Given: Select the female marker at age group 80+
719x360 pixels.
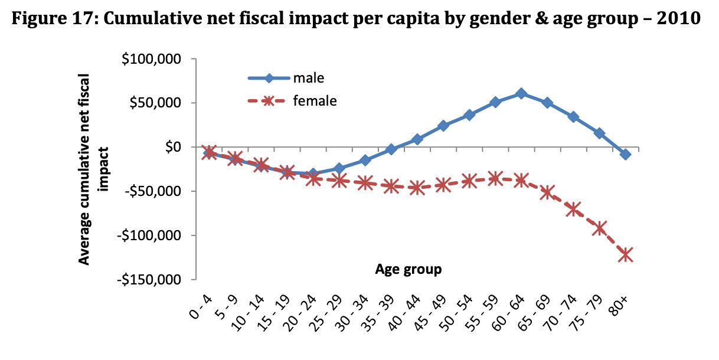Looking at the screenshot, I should click(625, 255).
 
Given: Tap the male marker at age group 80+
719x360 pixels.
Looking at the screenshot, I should click(625, 154).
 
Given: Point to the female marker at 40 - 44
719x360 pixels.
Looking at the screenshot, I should click(417, 188).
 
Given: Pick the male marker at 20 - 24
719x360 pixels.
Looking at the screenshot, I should click(313, 174).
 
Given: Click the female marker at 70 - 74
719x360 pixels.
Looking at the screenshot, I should click(573, 209).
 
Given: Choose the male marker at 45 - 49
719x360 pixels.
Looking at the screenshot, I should click(443, 126).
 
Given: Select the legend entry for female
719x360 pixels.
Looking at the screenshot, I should click(315, 101).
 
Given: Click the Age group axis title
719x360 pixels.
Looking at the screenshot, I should click(408, 270).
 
